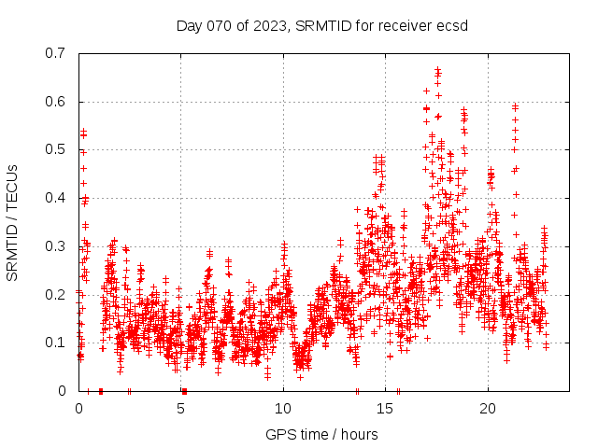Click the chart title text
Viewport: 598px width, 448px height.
click(321, 25)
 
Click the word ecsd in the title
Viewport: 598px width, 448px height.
click(452, 25)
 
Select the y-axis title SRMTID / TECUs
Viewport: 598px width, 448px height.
click(12, 222)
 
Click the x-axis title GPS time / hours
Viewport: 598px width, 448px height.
click(321, 434)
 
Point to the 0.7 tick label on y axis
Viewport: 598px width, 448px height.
click(56, 53)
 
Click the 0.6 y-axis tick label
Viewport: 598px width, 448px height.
click(56, 102)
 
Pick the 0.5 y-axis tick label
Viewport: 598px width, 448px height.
click(56, 149)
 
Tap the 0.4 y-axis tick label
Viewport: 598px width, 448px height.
click(56, 198)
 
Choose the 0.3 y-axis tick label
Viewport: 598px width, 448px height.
click(56, 246)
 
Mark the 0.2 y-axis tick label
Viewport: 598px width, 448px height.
click(56, 294)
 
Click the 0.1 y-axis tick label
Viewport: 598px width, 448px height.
click(56, 343)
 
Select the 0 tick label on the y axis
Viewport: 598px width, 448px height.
click(63, 391)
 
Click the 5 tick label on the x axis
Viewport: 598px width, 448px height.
click(181, 409)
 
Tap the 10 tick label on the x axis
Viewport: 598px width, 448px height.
click(283, 409)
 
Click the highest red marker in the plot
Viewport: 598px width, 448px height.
click(437, 70)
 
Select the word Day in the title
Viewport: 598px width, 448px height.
click(190, 25)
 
